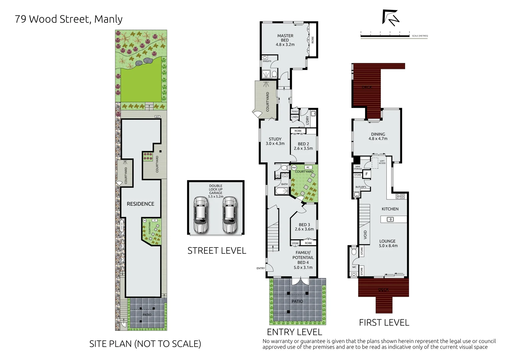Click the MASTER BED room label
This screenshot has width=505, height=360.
tap(285, 40)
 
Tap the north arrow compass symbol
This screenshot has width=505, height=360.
tap(390, 18)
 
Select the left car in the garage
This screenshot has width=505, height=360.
tap(201, 215)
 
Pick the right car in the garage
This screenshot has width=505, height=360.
tap(230, 215)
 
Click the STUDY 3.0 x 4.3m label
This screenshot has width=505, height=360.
tap(275, 141)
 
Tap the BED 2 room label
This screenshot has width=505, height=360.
tap(303, 146)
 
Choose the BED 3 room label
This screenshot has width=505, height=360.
tap(304, 227)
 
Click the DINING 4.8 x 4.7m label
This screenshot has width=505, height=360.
tap(378, 136)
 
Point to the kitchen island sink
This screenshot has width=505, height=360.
tap(390, 219)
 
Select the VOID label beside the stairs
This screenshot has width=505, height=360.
tap(365, 234)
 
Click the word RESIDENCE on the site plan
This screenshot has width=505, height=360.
tap(140, 204)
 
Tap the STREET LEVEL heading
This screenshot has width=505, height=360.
tap(217, 251)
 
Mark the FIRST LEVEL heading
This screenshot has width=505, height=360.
tap(384, 322)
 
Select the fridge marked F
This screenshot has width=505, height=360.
tap(366, 174)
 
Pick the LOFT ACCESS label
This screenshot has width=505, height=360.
tap(382, 162)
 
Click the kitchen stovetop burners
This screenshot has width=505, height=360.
tap(400, 196)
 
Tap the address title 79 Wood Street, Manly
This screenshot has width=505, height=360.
tap(69, 19)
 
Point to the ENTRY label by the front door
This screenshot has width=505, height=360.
tap(260, 268)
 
